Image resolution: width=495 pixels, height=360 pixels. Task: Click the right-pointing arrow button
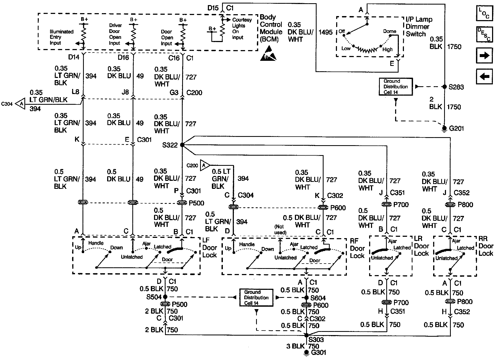(x=485, y=55)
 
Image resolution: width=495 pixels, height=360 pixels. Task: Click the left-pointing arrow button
(x=485, y=77)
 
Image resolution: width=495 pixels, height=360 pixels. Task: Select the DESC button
(x=484, y=34)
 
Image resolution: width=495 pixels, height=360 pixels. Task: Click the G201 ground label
(x=456, y=129)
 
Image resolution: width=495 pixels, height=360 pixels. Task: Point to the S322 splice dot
(x=182, y=145)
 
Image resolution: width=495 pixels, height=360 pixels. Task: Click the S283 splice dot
(x=444, y=87)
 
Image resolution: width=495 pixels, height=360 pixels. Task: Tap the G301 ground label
(x=318, y=352)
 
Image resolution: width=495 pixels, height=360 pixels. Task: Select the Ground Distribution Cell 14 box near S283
(x=396, y=87)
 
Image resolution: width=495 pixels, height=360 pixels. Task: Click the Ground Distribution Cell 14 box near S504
(x=256, y=298)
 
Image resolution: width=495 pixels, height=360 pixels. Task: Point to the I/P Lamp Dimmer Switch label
(x=419, y=27)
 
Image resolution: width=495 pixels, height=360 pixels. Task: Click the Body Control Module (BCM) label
(x=271, y=28)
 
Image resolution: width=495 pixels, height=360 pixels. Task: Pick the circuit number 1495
(x=325, y=32)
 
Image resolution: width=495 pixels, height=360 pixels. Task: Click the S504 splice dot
(x=165, y=297)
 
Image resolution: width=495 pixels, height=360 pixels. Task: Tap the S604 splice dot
(x=306, y=298)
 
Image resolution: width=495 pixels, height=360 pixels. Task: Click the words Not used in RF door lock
(x=280, y=230)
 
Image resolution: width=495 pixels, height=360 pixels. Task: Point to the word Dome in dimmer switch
(x=389, y=31)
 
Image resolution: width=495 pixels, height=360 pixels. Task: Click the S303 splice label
(x=316, y=340)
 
